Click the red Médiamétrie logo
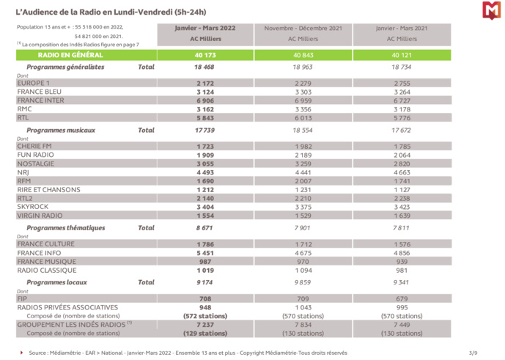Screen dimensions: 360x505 (x=490, y=11)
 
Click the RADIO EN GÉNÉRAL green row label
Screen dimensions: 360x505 (x=70, y=55)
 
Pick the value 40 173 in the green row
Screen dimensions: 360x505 (x=204, y=55)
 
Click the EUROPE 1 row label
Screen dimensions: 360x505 (x=33, y=84)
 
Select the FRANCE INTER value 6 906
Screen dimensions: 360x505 (x=204, y=100)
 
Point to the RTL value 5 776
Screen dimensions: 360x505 (x=401, y=117)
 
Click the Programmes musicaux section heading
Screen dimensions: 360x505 (x=66, y=130)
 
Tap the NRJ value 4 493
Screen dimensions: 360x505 (x=204, y=172)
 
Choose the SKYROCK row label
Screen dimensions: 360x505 (x=32, y=207)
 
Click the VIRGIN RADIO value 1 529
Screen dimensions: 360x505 (x=303, y=216)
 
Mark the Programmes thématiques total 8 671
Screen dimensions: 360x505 (x=204, y=228)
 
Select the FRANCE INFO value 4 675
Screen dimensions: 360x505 (x=303, y=253)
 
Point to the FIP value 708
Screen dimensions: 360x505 (x=204, y=298)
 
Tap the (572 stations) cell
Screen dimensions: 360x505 (x=204, y=316)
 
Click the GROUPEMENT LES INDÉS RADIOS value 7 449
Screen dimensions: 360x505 (x=401, y=324)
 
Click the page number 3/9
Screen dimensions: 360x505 (x=473, y=353)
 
